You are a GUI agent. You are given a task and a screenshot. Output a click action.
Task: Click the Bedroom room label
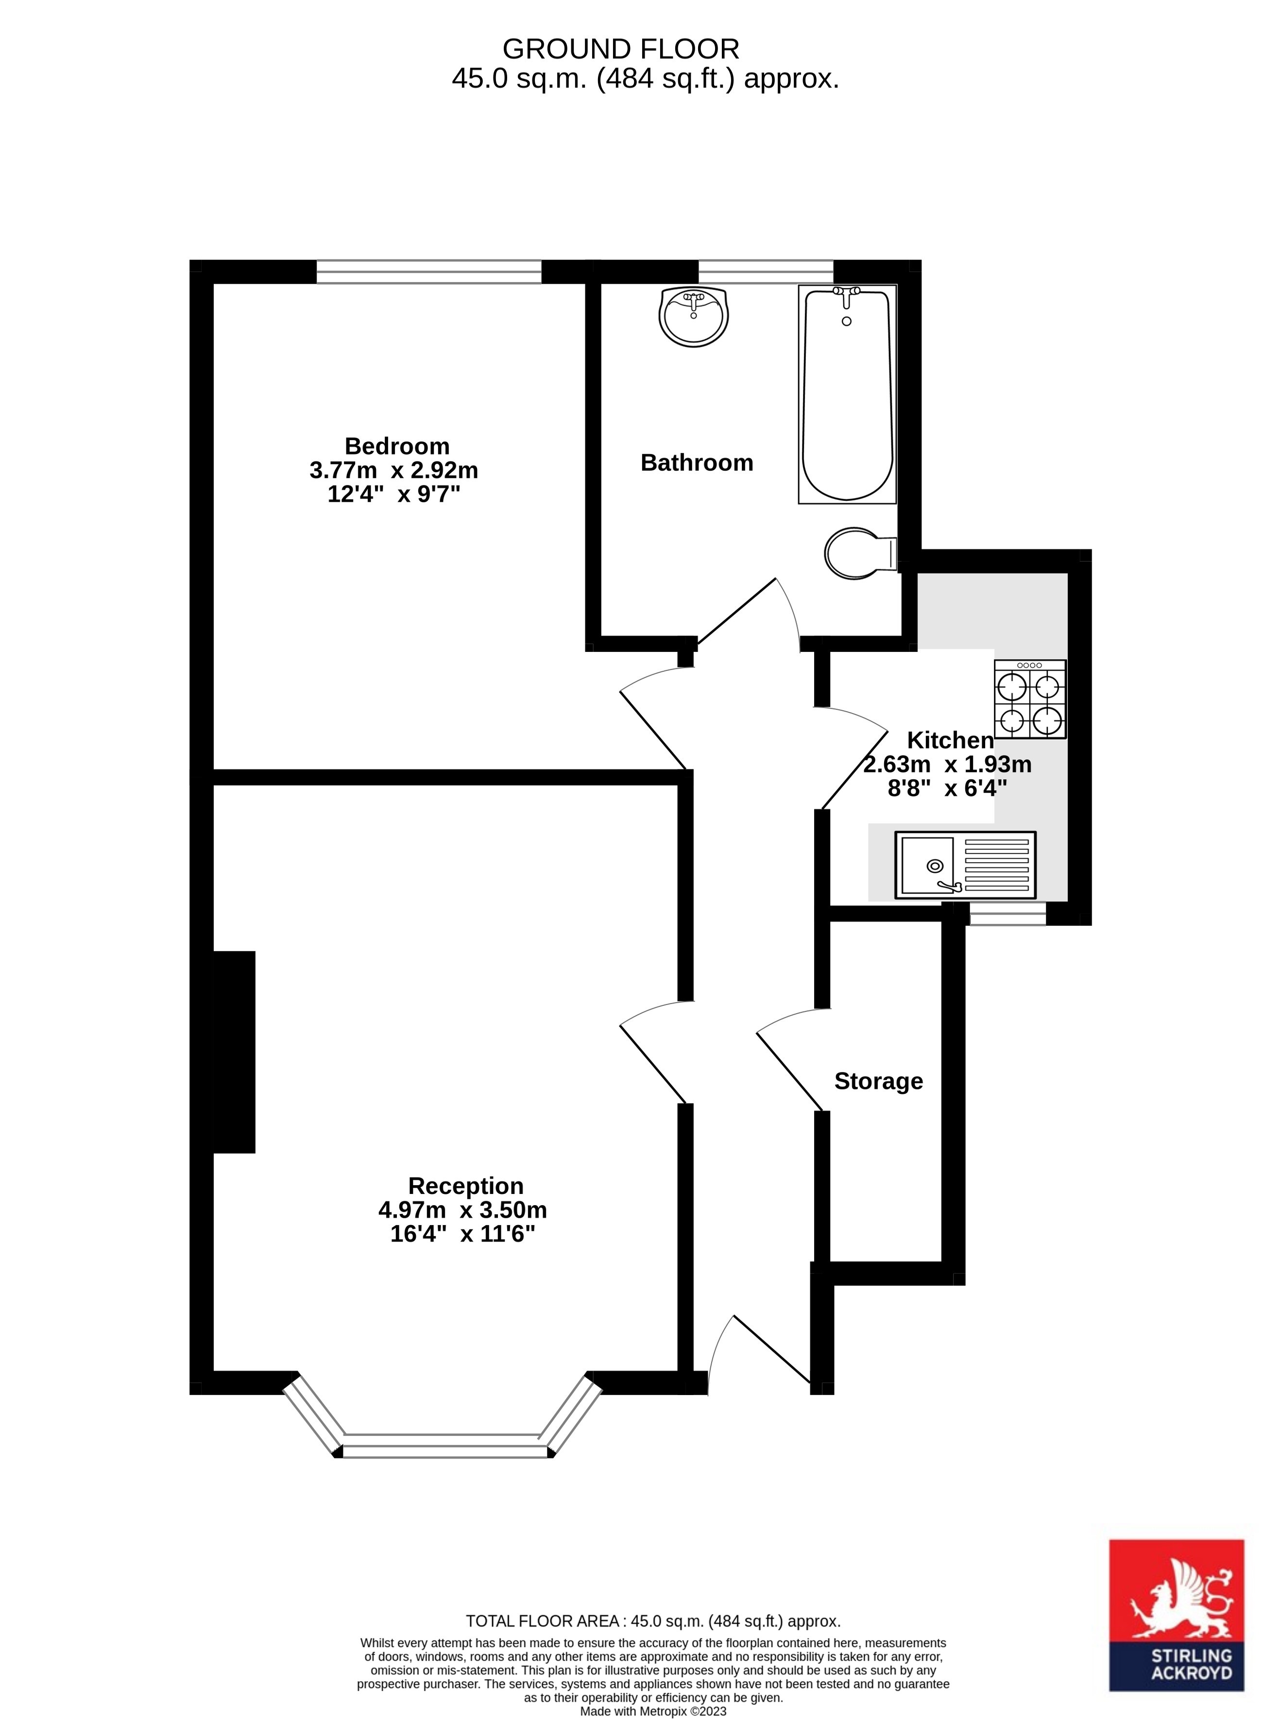tap(396, 446)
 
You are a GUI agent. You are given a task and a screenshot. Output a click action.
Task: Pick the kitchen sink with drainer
tap(965, 865)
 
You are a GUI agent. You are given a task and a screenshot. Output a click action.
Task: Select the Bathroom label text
tap(696, 463)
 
